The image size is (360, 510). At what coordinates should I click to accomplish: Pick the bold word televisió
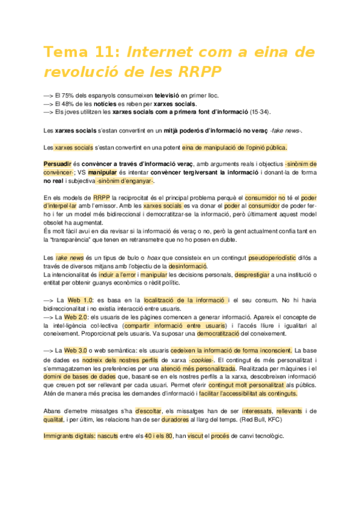pos(172,96)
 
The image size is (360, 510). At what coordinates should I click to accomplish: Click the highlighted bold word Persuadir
pos(58,164)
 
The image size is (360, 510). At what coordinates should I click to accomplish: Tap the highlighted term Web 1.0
pos(80,300)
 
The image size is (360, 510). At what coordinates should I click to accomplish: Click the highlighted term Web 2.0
pos(76,316)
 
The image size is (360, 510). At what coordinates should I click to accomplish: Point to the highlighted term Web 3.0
pos(76,349)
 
